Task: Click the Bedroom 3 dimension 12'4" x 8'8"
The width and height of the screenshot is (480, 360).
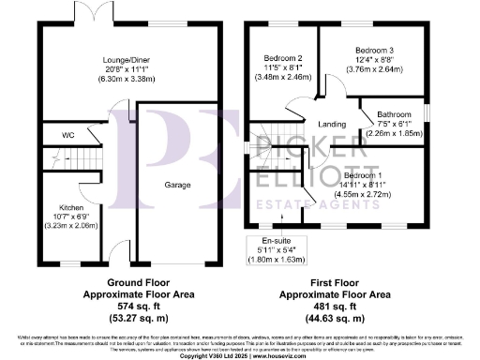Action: coord(376,58)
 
